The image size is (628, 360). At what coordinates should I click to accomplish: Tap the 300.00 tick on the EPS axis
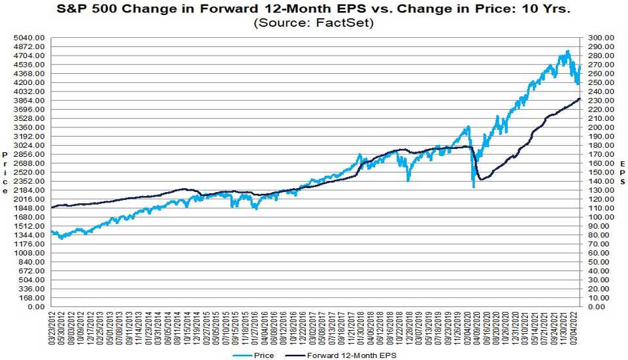point(601,38)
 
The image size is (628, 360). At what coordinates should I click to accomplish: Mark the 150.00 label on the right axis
point(601,172)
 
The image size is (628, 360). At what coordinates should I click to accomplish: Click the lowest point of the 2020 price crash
point(473,188)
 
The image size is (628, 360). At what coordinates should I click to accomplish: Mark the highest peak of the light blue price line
point(568,51)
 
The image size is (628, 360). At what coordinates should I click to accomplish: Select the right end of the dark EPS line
point(580,99)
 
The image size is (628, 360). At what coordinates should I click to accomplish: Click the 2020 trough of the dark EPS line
point(482,179)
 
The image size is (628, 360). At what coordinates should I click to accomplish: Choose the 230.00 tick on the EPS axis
point(601,101)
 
